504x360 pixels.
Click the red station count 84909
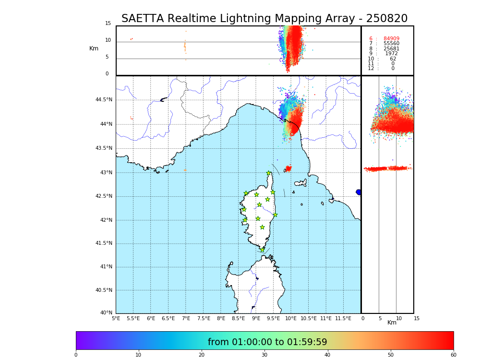click(x=391, y=39)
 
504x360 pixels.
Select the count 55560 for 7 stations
click(x=391, y=44)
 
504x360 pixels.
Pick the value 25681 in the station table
click(x=391, y=49)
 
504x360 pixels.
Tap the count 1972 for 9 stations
click(x=391, y=54)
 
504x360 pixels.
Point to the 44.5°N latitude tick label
click(x=104, y=100)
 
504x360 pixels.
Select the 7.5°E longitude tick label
click(x=204, y=318)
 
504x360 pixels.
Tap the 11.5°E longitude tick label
click(x=343, y=318)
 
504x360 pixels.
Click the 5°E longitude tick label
click(x=116, y=318)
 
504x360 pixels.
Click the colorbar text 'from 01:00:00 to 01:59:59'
click(x=267, y=342)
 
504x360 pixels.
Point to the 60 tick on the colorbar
click(x=453, y=355)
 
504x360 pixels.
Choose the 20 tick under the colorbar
click(x=202, y=355)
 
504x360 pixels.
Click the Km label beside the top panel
click(x=94, y=48)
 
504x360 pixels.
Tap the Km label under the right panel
click(x=392, y=323)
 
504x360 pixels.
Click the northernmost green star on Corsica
click(x=269, y=173)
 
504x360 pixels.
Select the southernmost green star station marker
click(x=263, y=250)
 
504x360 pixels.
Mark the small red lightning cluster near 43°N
click(x=288, y=168)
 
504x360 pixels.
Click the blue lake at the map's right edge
click(x=359, y=192)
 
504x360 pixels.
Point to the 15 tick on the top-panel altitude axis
click(x=108, y=24)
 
